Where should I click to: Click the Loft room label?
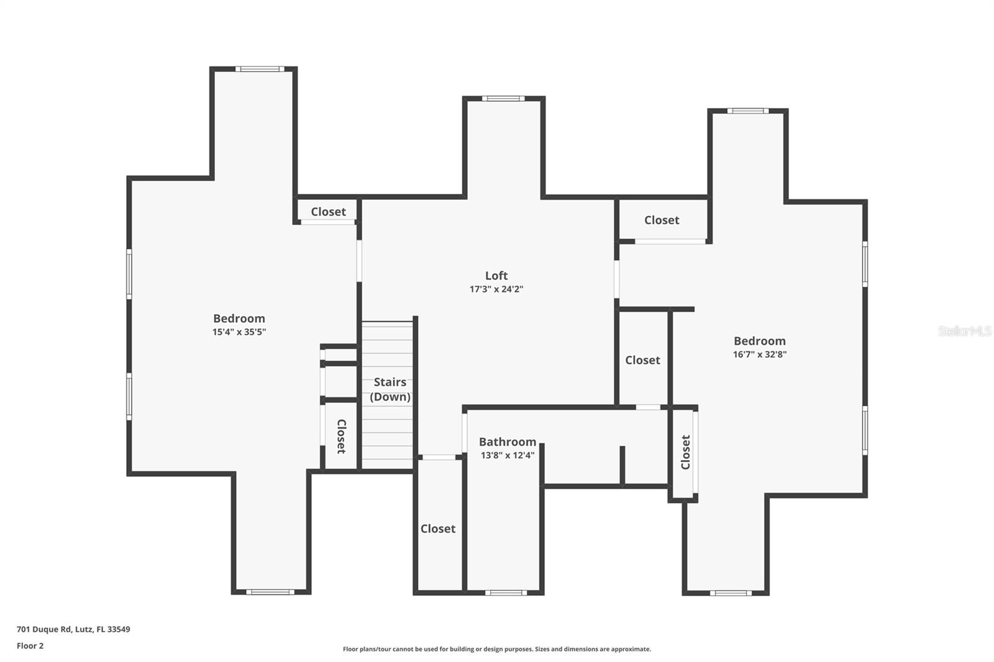(496, 276)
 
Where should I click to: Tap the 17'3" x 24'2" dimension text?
(496, 289)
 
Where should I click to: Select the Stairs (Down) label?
(390, 389)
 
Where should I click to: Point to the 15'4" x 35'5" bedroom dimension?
(239, 332)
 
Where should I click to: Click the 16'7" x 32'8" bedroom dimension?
(760, 355)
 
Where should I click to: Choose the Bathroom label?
(508, 442)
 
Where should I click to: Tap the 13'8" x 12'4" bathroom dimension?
(508, 455)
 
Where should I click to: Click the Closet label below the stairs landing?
(438, 529)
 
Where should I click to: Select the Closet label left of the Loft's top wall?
(329, 212)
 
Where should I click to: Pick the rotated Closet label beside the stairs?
(341, 436)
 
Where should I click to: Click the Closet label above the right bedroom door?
(662, 220)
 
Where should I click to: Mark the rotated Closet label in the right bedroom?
(686, 452)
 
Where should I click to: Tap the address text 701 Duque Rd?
(73, 629)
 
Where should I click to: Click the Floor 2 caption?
(30, 646)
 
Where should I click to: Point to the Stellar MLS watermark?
(964, 331)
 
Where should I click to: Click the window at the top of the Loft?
(503, 98)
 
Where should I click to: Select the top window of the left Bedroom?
(260, 69)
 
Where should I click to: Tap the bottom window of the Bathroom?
(506, 592)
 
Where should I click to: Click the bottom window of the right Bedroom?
(731, 593)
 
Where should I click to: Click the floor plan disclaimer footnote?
(497, 649)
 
